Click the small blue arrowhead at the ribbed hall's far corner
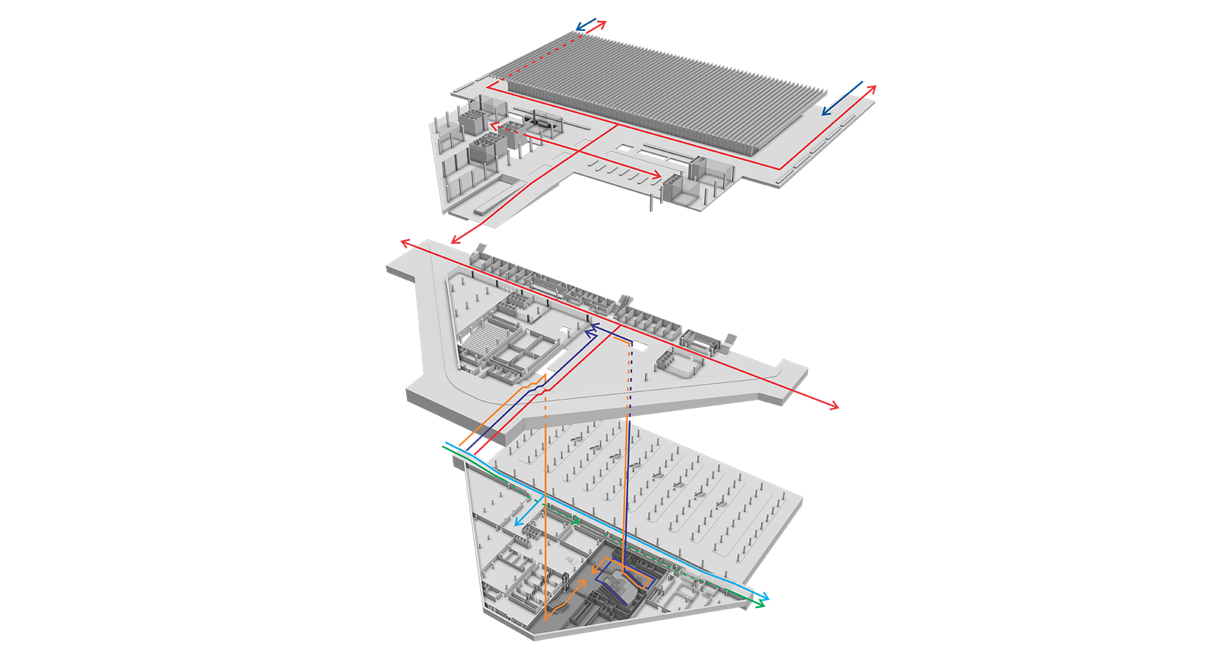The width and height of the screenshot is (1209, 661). (579, 29)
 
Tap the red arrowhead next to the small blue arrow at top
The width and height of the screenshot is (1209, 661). (603, 23)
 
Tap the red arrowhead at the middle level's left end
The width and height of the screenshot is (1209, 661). (404, 242)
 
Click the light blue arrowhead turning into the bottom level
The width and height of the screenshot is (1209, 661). (518, 523)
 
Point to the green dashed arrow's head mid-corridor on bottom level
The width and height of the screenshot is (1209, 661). (577, 521)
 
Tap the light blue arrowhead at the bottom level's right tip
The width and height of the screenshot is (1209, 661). (766, 597)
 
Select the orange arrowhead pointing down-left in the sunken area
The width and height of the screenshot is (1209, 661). (594, 570)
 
